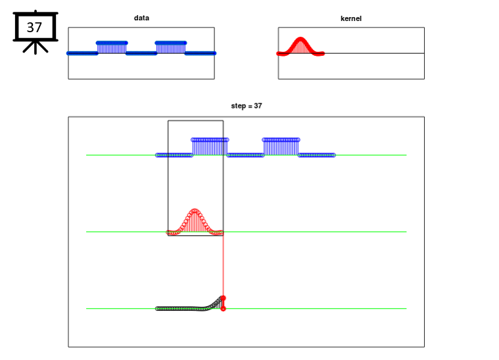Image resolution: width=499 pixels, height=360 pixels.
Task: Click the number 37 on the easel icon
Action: [34, 28]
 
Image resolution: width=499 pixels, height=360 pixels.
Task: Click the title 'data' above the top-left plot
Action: [141, 18]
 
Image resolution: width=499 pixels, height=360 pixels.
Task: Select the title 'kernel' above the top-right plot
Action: [351, 18]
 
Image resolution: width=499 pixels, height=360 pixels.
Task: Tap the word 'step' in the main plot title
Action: [239, 106]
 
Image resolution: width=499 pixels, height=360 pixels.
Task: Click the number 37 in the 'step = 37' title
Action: [258, 106]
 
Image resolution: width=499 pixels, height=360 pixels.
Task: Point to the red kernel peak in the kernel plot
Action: [300, 39]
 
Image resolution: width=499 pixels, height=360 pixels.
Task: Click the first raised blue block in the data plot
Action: [112, 47]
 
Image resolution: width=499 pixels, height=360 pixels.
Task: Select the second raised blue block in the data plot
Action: [171, 47]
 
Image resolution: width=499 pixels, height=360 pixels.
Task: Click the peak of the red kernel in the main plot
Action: [195, 210]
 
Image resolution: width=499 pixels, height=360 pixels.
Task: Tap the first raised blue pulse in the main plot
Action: [210, 147]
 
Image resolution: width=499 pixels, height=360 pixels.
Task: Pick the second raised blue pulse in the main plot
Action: [281, 147]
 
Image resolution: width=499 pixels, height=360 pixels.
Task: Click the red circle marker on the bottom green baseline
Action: [224, 309]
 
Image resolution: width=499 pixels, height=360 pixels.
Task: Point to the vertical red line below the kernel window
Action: [223, 266]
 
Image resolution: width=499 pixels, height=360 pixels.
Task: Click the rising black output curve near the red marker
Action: [214, 304]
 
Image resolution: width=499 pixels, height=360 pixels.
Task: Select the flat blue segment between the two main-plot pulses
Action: [245, 155]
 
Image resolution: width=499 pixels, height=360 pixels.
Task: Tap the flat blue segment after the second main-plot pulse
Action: [317, 155]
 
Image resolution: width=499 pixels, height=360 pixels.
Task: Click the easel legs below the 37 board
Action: [36, 47]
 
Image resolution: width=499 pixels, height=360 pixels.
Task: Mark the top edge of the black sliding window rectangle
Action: [196, 120]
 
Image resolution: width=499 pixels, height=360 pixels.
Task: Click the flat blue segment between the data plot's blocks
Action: [141, 53]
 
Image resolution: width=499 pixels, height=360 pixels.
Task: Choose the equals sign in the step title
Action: [250, 106]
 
